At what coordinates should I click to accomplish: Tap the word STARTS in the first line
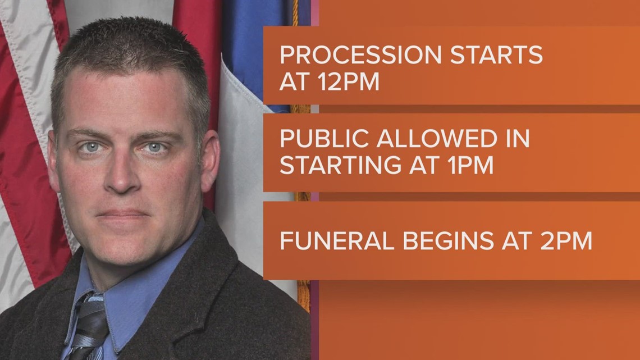501,56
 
